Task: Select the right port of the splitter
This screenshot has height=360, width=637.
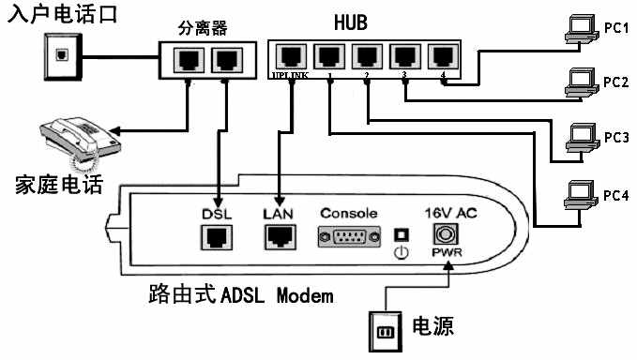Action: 225,61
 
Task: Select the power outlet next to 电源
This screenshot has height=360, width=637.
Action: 386,331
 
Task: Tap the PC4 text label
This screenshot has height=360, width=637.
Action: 616,195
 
